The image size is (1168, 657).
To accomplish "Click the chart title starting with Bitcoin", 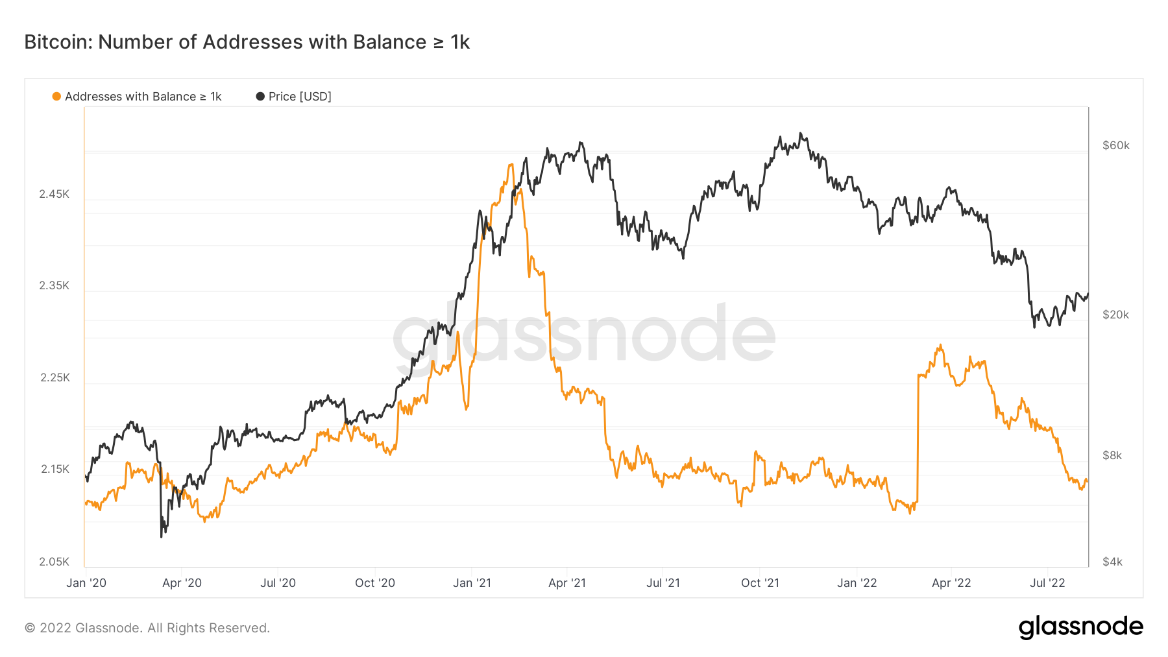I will tap(247, 42).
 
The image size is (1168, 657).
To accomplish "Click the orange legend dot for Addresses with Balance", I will tap(56, 97).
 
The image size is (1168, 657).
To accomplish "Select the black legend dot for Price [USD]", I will tap(260, 97).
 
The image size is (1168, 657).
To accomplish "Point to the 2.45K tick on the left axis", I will tap(54, 194).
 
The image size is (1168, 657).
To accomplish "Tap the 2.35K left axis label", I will tap(54, 285).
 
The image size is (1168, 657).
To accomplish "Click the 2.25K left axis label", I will tap(55, 377).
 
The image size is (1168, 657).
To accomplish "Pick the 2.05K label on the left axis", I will tap(54, 562).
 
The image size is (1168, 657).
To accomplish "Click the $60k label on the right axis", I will tap(1116, 145).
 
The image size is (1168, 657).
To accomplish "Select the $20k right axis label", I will tap(1116, 315).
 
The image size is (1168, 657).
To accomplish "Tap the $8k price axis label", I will tap(1112, 455).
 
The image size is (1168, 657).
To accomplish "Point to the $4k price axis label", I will tap(1112, 562).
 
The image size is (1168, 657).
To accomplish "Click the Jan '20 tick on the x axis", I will tap(86, 583).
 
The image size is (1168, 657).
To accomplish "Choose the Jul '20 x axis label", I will tap(278, 583).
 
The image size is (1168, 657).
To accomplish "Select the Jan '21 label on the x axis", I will tap(472, 583).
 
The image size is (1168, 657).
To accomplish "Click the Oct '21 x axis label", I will tap(760, 583).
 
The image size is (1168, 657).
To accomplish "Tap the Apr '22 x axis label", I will tap(951, 583).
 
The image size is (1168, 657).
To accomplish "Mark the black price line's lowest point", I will tap(162, 536).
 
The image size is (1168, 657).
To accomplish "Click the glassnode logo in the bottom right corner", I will tap(1080, 627).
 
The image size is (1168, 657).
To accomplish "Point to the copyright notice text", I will tap(147, 628).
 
